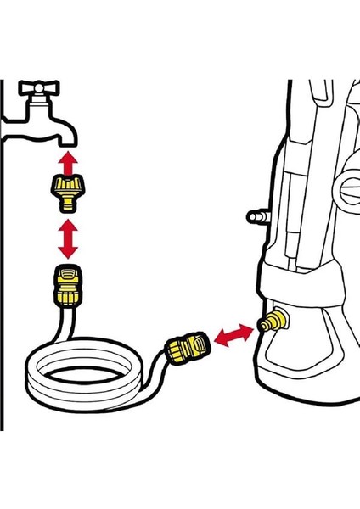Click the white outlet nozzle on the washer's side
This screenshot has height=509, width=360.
(x=252, y=218)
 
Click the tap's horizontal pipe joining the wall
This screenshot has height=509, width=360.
(x=21, y=110)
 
